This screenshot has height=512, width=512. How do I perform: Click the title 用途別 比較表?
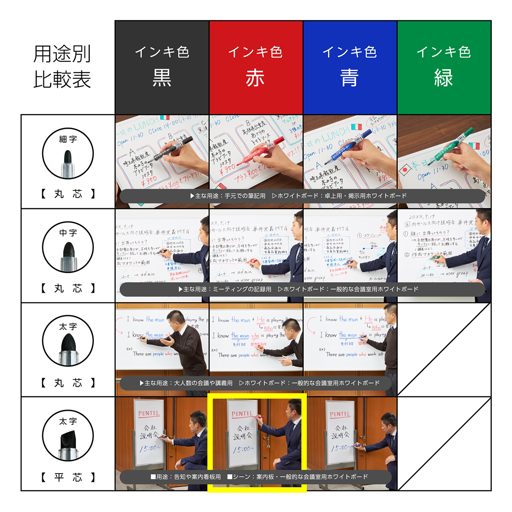(62, 67)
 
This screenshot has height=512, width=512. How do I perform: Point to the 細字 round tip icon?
(68, 154)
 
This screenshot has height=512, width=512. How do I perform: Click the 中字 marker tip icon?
(68, 247)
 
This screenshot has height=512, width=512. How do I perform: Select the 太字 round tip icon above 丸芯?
(68, 341)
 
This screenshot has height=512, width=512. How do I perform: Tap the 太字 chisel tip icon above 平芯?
(68, 436)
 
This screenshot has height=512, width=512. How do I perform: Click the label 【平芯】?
(68, 477)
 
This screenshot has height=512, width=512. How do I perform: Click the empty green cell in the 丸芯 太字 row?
(444, 349)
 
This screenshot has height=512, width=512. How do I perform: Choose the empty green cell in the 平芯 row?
(444, 444)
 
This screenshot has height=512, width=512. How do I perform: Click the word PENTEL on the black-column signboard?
(148, 413)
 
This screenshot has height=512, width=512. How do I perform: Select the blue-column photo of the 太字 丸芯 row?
(350, 341)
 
